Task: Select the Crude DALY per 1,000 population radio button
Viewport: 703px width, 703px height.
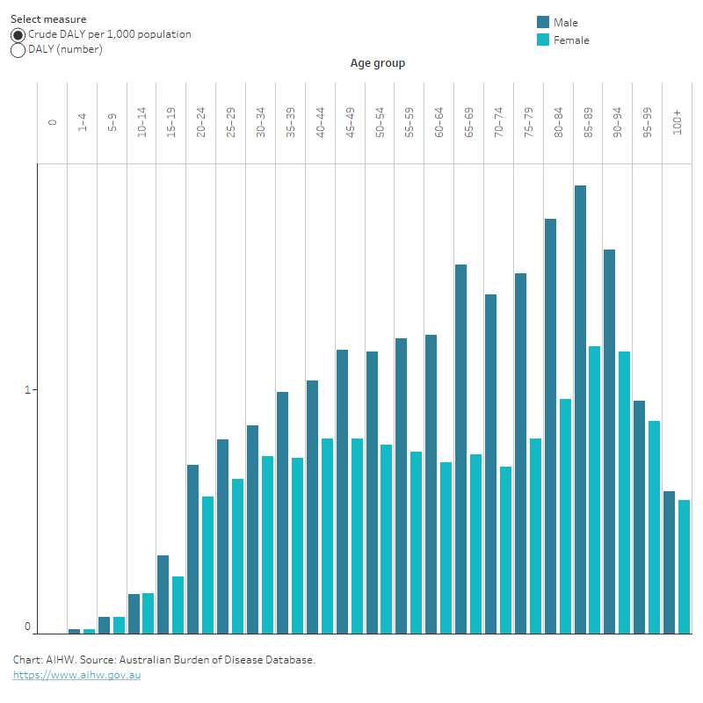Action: click(18, 35)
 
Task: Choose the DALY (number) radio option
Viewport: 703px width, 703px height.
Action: click(18, 50)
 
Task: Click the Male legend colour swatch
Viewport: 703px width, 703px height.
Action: click(543, 23)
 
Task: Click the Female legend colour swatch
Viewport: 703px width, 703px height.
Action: click(543, 40)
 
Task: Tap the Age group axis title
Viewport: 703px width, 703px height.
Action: click(377, 63)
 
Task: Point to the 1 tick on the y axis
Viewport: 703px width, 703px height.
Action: click(27, 389)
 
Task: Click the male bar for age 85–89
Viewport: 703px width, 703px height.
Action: click(580, 409)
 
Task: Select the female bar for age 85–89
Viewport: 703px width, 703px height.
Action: click(595, 489)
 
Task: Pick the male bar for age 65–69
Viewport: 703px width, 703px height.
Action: click(460, 448)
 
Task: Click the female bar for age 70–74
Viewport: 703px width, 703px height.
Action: click(505, 549)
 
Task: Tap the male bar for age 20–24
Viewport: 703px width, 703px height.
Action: click(192, 548)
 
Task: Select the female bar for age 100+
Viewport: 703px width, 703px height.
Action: click(684, 566)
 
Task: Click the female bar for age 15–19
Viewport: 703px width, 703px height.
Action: click(178, 605)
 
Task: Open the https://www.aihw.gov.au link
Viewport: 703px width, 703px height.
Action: click(76, 675)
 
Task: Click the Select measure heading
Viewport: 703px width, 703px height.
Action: click(48, 18)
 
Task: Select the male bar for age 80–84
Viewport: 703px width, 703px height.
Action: click(550, 425)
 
